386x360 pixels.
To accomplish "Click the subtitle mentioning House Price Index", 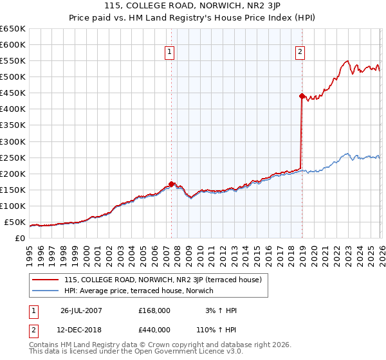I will pos(193,19).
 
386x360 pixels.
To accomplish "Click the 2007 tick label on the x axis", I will pos(165,251).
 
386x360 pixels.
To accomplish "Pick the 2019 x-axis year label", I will pos(302,251).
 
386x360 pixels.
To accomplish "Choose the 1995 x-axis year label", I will pos(30,251).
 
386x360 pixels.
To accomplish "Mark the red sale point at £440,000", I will pos(301,96).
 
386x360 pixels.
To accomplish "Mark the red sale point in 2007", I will pos(171,184).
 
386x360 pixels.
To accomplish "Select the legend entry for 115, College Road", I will pos(162,280).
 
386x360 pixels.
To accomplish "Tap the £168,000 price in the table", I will pos(154,310).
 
